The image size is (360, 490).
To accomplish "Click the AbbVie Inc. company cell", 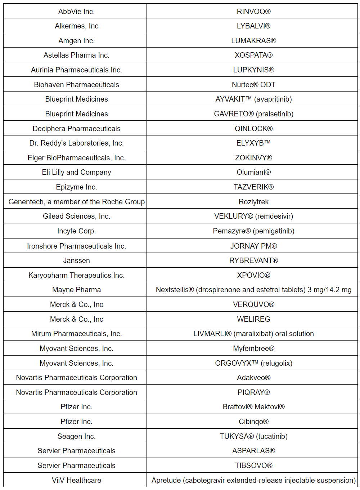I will [76, 12].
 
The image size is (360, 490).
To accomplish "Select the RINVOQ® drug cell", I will [253, 12].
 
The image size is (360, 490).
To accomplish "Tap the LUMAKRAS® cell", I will [253, 41].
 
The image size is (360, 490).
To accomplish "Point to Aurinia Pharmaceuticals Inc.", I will [76, 70].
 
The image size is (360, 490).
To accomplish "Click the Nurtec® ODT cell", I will [253, 85].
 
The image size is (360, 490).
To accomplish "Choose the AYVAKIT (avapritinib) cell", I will [253, 99].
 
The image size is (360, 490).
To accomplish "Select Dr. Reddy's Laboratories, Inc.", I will [76, 143].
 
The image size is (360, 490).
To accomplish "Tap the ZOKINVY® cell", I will [253, 158].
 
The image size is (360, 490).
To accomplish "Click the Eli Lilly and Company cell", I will [76, 172].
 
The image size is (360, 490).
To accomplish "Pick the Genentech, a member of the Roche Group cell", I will [76, 202].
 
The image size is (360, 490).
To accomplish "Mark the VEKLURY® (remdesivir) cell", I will [253, 216].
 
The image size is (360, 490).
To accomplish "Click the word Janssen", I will [76, 260].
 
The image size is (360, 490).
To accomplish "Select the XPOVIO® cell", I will [253, 275].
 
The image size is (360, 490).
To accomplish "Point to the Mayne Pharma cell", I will [76, 290].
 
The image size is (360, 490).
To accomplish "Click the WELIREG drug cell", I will [253, 319].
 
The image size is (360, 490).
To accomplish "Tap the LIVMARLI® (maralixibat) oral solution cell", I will [253, 334].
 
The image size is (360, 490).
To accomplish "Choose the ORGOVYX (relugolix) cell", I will [253, 363].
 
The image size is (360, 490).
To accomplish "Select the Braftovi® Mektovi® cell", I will [253, 407].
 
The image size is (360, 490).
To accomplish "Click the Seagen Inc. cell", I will [76, 436].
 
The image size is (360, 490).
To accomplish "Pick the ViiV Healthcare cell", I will [76, 480].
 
